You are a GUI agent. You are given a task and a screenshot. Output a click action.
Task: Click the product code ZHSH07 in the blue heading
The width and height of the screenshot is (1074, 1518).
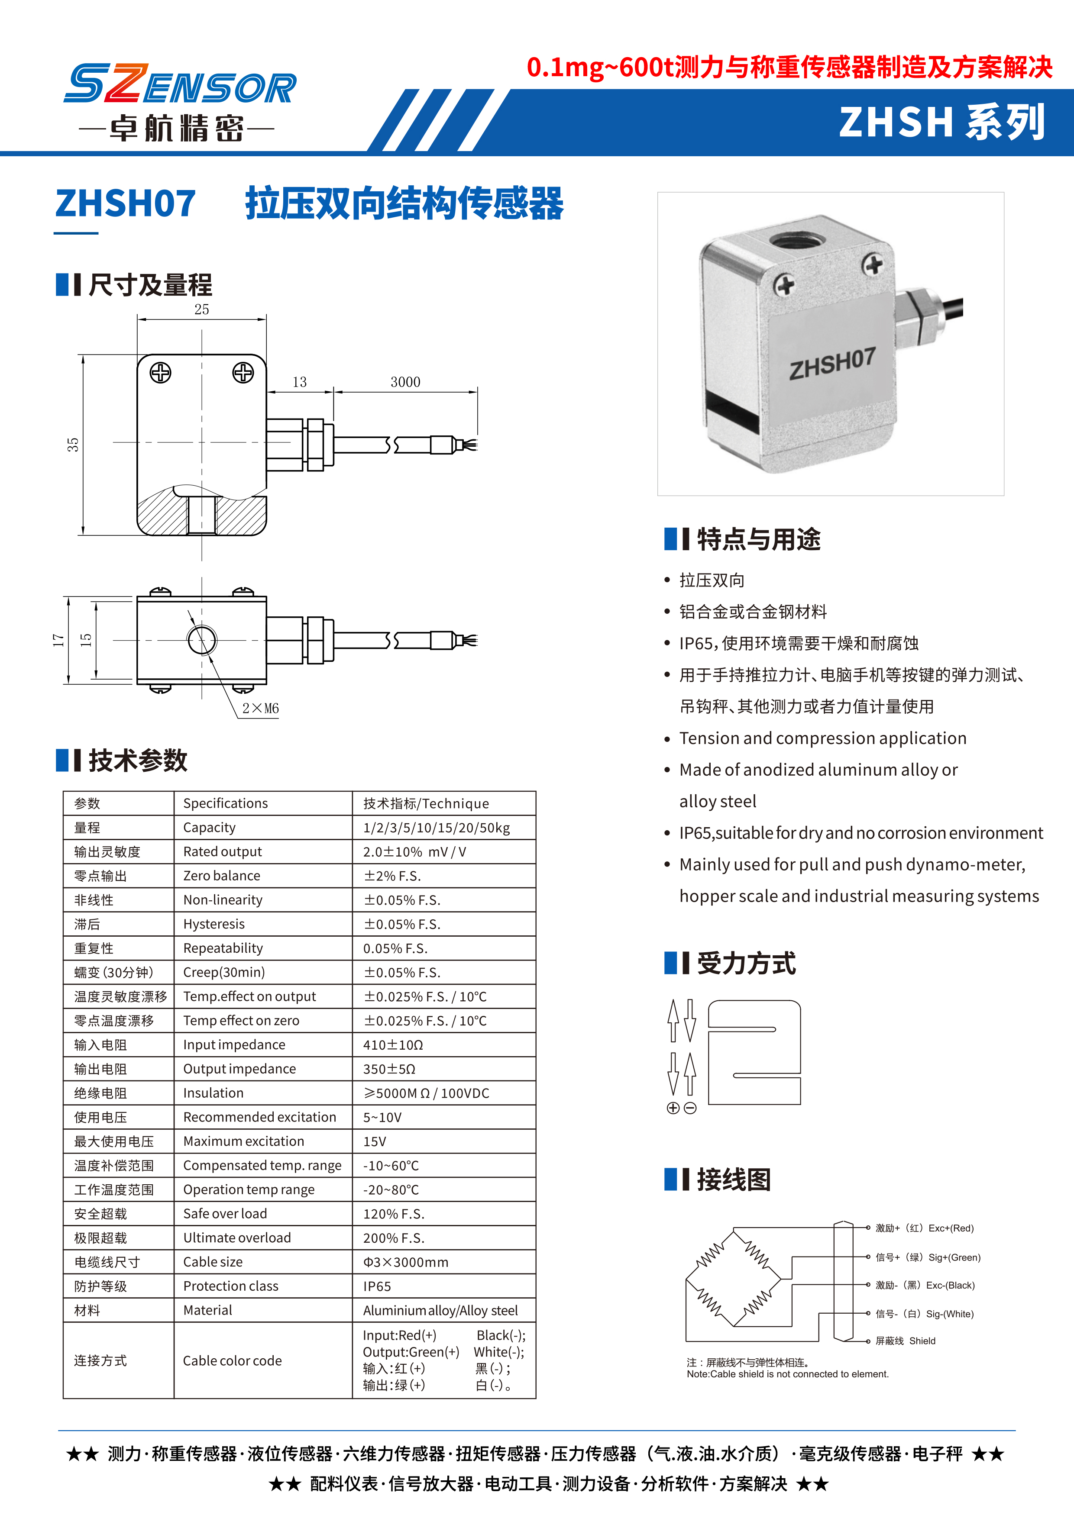click(x=126, y=203)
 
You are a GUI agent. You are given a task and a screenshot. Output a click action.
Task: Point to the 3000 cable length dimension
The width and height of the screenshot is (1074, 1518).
click(x=405, y=382)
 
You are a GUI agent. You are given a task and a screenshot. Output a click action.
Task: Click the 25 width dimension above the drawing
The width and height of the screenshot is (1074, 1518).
click(x=202, y=309)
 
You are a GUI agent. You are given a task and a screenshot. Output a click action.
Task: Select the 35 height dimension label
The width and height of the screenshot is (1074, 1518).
click(x=73, y=444)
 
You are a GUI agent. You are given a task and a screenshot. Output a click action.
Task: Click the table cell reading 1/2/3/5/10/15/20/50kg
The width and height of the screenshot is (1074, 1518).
click(x=437, y=828)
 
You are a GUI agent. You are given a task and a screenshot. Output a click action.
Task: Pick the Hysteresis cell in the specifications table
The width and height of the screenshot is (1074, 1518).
click(x=214, y=924)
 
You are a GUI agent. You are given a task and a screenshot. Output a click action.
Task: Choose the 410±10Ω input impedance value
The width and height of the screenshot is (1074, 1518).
click(x=393, y=1044)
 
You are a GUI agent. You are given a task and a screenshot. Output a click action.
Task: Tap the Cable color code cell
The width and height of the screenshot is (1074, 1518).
click(x=232, y=1360)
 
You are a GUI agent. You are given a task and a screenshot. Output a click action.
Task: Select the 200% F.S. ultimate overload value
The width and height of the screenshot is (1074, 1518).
click(x=394, y=1238)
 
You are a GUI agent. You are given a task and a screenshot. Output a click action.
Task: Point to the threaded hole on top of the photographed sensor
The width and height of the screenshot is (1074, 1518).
click(x=797, y=238)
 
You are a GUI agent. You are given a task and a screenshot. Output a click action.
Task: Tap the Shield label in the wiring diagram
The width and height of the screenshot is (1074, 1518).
click(x=922, y=1341)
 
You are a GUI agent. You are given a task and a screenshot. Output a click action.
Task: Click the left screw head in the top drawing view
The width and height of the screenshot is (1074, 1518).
click(x=161, y=373)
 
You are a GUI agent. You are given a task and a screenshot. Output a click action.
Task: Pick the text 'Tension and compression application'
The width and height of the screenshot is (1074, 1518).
click(x=823, y=738)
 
